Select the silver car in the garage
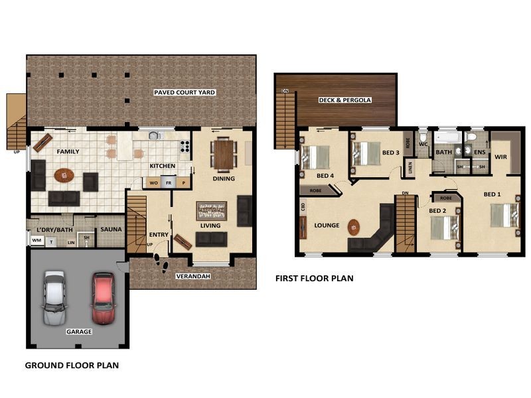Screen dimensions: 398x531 click(x=54, y=297)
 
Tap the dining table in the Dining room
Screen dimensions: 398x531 click(x=224, y=154)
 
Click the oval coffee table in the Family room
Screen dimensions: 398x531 click(x=64, y=175)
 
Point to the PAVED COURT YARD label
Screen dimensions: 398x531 click(x=184, y=92)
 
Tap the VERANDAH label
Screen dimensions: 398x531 click(x=192, y=275)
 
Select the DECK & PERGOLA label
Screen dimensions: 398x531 click(x=344, y=100)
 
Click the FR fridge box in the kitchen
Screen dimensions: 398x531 click(x=169, y=182)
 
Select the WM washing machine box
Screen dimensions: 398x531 click(x=37, y=241)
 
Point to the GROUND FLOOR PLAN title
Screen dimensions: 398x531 click(x=72, y=365)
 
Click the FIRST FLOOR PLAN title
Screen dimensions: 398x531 click(x=314, y=279)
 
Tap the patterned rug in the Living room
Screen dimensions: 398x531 click(x=212, y=211)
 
